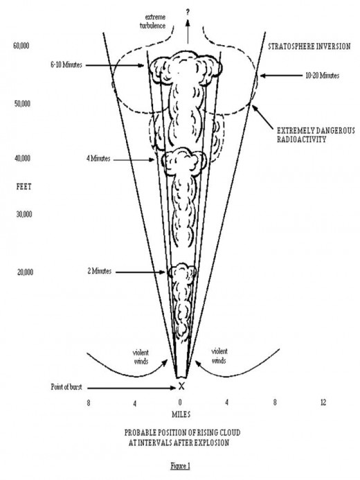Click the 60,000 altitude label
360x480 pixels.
21,46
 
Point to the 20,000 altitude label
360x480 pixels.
25,272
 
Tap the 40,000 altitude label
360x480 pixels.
22,159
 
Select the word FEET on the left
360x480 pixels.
24,186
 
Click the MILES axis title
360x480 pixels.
181,414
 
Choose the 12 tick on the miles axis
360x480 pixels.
323,402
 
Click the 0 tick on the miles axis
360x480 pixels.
180,402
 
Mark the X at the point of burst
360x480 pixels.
181,386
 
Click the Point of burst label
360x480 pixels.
66,387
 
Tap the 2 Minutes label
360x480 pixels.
100,272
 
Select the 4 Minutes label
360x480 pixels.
98,159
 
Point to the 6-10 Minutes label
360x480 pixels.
66,65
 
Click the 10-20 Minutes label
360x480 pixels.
323,75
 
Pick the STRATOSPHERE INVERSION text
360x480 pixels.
309,46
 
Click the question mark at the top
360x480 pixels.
188,12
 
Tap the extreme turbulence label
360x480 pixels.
153,21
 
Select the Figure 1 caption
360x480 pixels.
180,466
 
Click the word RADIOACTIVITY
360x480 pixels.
301,140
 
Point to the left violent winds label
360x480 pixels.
141,357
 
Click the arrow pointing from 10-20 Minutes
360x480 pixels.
281,75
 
